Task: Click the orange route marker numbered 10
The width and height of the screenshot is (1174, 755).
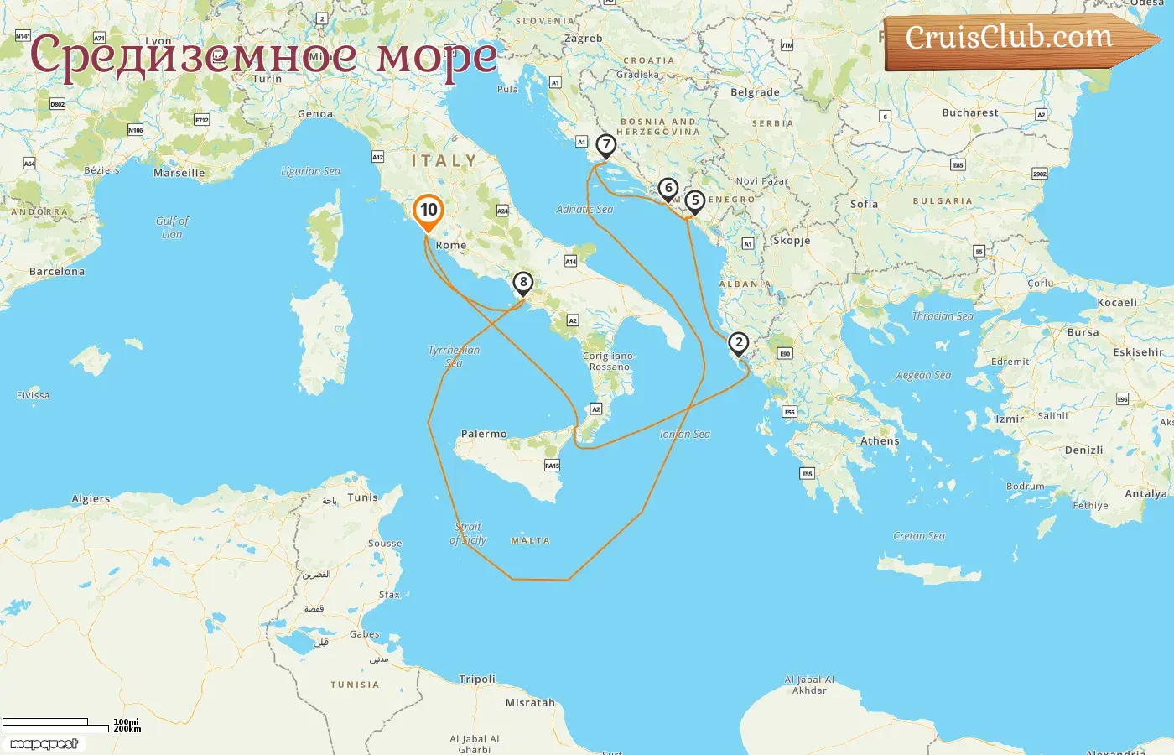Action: pos(429,211)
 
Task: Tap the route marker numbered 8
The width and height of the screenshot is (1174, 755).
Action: pos(523,283)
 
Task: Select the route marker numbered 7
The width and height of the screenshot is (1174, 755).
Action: pos(605,145)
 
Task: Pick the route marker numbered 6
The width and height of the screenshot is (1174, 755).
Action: pos(668,189)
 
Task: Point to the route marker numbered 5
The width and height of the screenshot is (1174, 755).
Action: pos(694,201)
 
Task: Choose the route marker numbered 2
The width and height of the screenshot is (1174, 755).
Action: pos(738,343)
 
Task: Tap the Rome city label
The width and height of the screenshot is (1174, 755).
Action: pos(451,246)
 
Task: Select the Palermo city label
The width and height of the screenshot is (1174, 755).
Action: pos(484,435)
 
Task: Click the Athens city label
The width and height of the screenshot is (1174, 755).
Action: pos(880,441)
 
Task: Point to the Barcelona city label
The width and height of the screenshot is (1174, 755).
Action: pos(57,272)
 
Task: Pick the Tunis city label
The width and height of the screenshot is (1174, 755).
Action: pos(363,497)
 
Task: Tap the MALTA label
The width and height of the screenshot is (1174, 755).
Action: pos(531,541)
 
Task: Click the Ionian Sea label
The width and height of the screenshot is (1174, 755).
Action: pos(685,435)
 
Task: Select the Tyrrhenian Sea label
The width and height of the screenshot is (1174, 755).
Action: pos(454,357)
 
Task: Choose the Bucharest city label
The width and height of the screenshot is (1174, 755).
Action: pos(970,112)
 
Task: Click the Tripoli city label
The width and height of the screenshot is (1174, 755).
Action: pos(477,679)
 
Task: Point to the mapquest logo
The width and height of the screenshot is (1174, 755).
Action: pos(44,744)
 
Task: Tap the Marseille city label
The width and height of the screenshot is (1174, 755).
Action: pos(179,174)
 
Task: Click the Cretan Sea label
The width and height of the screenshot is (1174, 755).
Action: pos(919,536)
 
